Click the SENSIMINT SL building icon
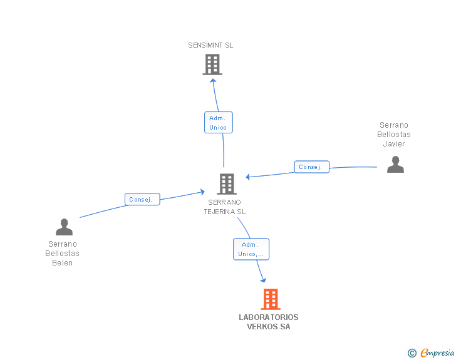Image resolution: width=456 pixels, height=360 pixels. (212, 64)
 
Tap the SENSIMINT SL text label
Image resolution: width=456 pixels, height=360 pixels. (210, 45)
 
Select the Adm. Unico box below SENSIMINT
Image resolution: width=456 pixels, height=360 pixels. (218, 122)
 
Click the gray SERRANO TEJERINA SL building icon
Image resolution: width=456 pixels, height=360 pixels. (226, 183)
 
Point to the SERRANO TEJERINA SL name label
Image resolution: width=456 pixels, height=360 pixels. (224, 207)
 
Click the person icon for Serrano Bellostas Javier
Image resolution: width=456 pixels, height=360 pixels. (395, 165)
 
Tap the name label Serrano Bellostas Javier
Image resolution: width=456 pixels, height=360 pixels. (394, 135)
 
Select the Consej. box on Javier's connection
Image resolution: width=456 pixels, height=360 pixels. (311, 167)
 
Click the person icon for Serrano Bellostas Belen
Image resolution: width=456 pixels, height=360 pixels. (64, 227)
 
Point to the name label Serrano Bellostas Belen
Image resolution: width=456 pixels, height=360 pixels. (63, 254)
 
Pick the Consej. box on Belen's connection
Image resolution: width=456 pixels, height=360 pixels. (142, 200)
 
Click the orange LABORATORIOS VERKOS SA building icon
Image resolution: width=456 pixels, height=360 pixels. (270, 299)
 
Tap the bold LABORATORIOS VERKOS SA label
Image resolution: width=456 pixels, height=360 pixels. (269, 322)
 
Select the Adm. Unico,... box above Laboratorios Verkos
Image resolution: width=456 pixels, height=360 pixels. (251, 249)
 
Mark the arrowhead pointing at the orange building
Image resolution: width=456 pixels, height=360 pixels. (263, 280)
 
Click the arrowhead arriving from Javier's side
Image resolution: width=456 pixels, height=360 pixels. (249, 177)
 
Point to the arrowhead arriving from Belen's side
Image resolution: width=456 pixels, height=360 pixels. (202, 190)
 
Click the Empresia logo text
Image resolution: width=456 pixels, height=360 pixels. (437, 353)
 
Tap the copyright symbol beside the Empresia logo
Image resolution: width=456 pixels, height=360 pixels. (412, 354)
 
